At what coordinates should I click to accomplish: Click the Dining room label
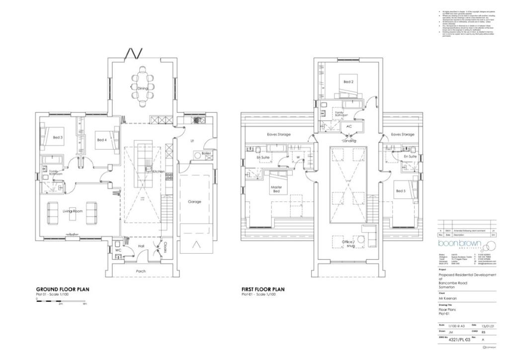click(143, 88)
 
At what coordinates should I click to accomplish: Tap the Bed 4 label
click(101, 140)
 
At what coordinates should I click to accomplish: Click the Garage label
click(194, 202)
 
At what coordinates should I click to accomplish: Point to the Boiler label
click(206, 154)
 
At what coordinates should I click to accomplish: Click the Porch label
click(141, 271)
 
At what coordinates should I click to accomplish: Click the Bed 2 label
click(348, 82)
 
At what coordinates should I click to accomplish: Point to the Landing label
click(349, 141)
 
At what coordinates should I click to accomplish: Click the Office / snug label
click(347, 243)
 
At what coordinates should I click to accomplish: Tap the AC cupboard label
click(349, 126)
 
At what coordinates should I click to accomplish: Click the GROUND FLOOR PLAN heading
click(63, 289)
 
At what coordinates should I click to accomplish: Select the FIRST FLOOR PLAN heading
click(263, 289)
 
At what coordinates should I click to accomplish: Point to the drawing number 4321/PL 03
click(459, 340)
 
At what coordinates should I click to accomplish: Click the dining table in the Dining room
click(143, 88)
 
